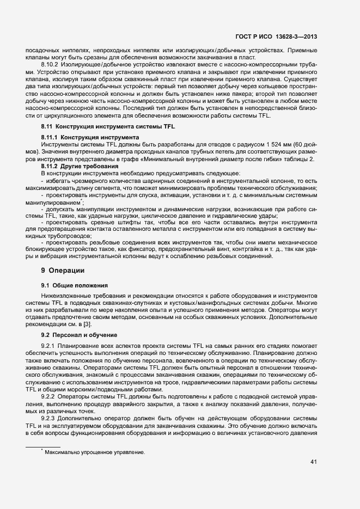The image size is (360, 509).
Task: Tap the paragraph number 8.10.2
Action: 51,65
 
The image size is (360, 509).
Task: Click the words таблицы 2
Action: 298,158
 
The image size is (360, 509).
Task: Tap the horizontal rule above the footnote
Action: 43,446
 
